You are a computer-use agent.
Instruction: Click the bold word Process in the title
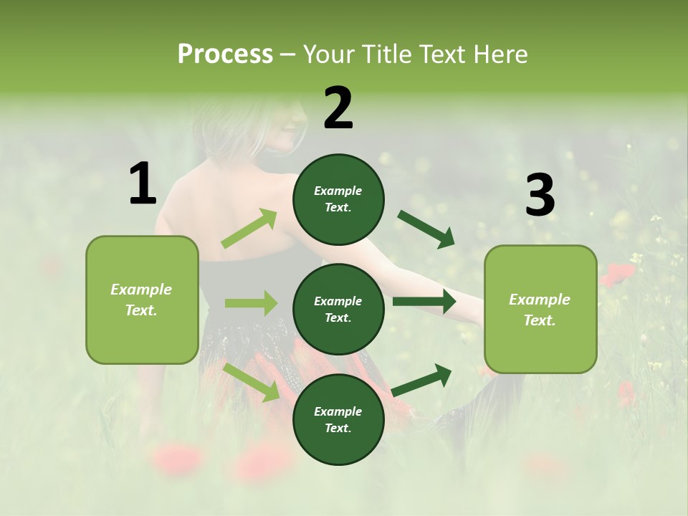[x=225, y=54]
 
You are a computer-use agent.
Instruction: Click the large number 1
[x=143, y=184]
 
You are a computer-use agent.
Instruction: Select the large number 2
[x=338, y=108]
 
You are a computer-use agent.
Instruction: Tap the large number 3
[x=540, y=196]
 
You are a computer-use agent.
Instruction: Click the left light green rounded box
[x=142, y=300]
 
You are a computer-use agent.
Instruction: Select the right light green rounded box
[x=540, y=310]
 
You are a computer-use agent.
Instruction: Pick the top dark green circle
[x=338, y=199]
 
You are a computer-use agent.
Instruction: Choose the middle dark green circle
[x=338, y=309]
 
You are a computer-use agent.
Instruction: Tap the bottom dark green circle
[x=338, y=419]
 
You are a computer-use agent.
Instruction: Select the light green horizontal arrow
[x=251, y=303]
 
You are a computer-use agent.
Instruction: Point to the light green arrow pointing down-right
[x=252, y=381]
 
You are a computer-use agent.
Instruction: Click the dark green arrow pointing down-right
[x=426, y=229]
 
